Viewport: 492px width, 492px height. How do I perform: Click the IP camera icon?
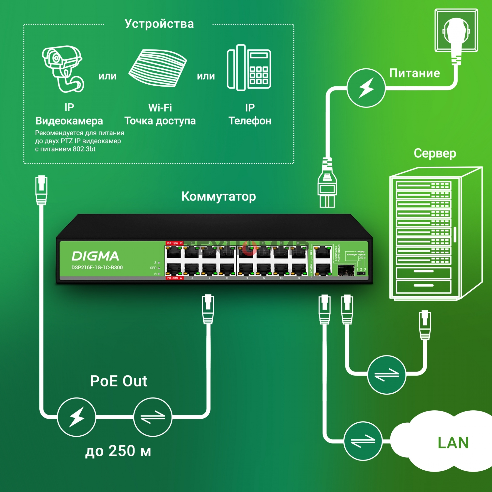(x=62, y=69)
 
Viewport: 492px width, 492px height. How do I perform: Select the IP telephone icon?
(x=249, y=68)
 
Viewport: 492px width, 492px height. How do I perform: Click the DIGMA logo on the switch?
(x=95, y=256)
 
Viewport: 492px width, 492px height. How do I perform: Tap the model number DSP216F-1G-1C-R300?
(x=97, y=267)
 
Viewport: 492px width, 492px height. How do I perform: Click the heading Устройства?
(x=159, y=24)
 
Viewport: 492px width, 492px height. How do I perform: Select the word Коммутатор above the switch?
(x=218, y=197)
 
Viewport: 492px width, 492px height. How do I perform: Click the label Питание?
(x=414, y=73)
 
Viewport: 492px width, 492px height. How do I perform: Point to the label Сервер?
(x=435, y=153)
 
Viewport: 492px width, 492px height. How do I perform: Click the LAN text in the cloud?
(x=453, y=443)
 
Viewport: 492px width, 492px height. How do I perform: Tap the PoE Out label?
(x=118, y=381)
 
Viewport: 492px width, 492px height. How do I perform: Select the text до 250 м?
(x=118, y=451)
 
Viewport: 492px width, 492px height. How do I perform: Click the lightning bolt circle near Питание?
(x=366, y=88)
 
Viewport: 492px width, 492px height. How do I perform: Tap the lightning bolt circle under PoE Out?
(x=77, y=417)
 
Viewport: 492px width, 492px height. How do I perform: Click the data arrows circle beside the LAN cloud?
(x=363, y=441)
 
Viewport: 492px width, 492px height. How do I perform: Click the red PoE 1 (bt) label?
(x=174, y=243)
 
